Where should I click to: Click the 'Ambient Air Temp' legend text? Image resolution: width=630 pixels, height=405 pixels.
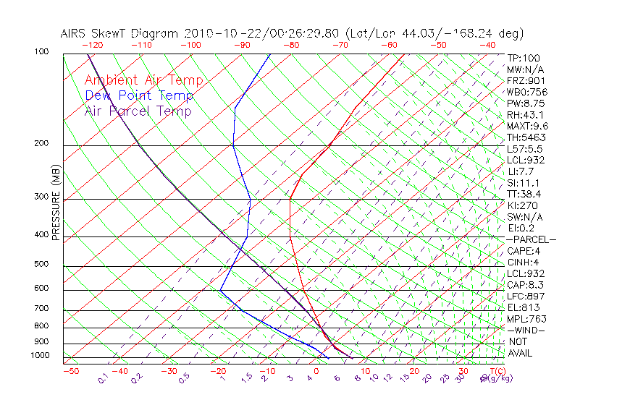pos(143,80)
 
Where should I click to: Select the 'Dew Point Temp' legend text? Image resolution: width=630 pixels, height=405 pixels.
pos(138,95)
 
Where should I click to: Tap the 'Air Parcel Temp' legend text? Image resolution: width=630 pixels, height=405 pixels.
pos(138,111)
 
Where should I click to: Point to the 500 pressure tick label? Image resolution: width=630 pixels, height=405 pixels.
pos(41,265)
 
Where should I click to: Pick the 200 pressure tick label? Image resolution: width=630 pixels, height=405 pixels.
pos(41,144)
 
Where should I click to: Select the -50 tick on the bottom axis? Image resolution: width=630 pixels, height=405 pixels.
pos(70,371)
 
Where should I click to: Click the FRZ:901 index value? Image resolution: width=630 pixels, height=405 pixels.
pos(526,81)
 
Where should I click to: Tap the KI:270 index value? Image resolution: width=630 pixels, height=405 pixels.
pos(522,205)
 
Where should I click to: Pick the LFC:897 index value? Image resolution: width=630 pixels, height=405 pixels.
pos(526,297)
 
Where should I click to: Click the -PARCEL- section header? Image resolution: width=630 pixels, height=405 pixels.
pos(531,239)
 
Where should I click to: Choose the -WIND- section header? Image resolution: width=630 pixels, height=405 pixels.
pos(525,330)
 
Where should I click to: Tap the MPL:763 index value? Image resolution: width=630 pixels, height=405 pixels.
pos(526,319)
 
